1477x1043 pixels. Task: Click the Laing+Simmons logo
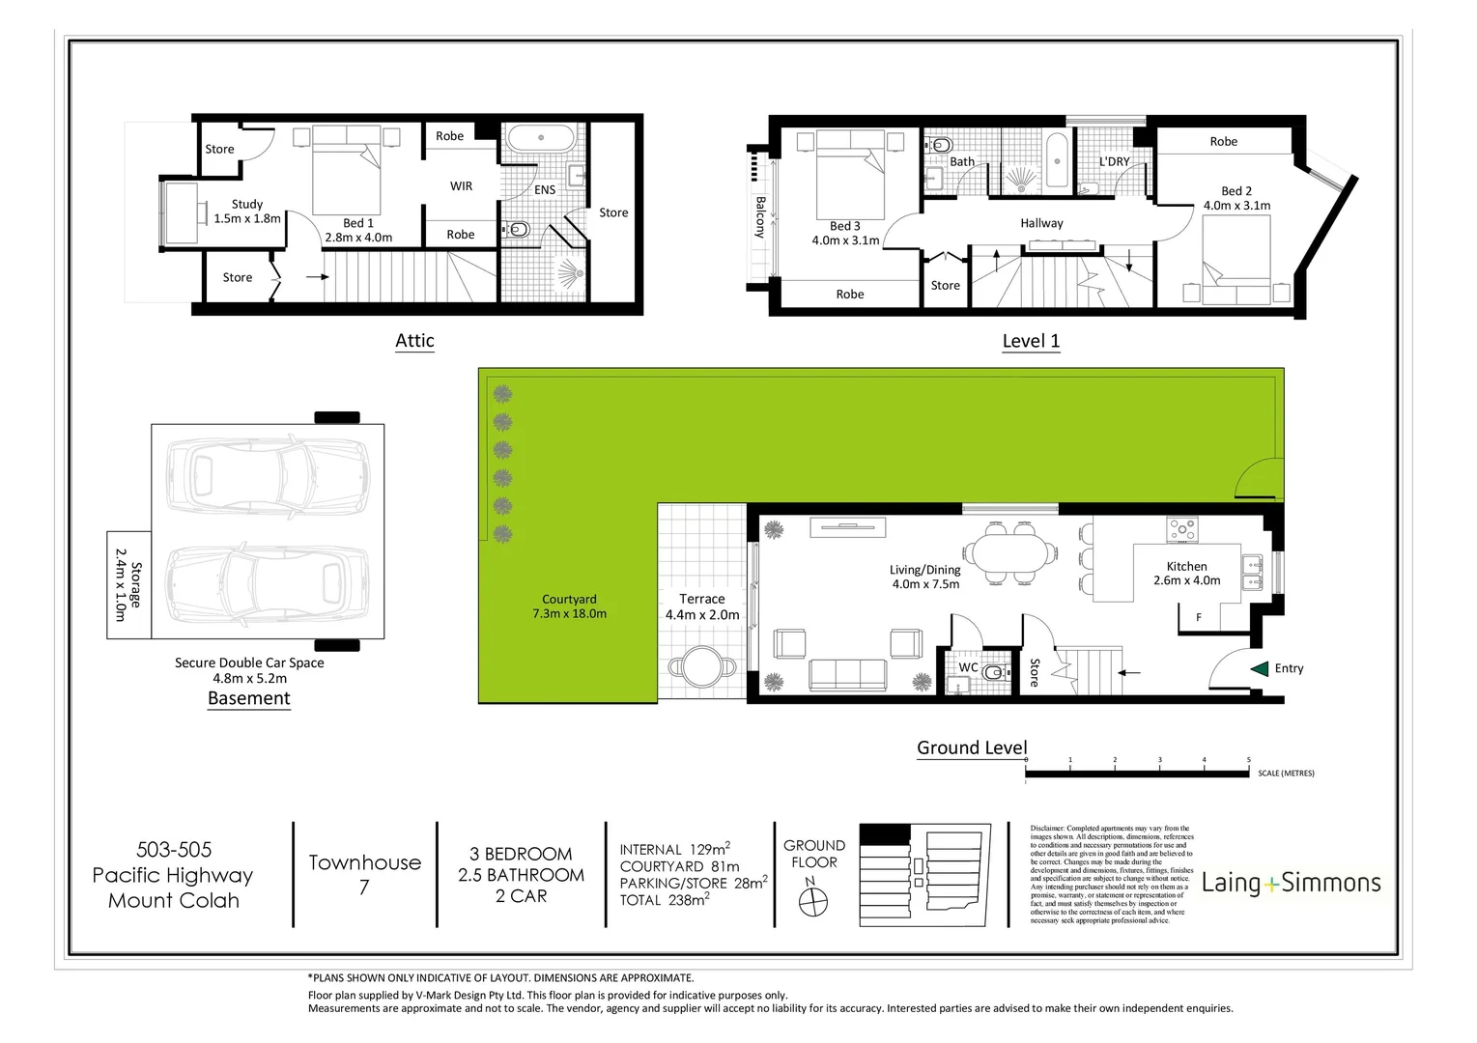(x=1291, y=883)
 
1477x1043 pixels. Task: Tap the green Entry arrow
(x=1259, y=668)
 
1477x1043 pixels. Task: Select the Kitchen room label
(x=1186, y=567)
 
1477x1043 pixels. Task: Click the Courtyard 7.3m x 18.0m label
(x=569, y=606)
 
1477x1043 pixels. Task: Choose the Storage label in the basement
(x=128, y=585)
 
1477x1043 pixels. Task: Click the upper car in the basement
(x=268, y=475)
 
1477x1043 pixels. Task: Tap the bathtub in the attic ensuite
(x=540, y=137)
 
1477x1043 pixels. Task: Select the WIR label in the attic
(x=461, y=185)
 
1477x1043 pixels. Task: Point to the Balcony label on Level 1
(x=760, y=217)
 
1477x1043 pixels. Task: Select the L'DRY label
(x=1114, y=161)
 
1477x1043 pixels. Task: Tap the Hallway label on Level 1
(x=1041, y=223)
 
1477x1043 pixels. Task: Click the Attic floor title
(x=414, y=341)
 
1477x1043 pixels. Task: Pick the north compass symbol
(x=814, y=901)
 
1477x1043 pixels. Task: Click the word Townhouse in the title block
(x=364, y=862)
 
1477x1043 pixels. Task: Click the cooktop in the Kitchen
(x=1182, y=529)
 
